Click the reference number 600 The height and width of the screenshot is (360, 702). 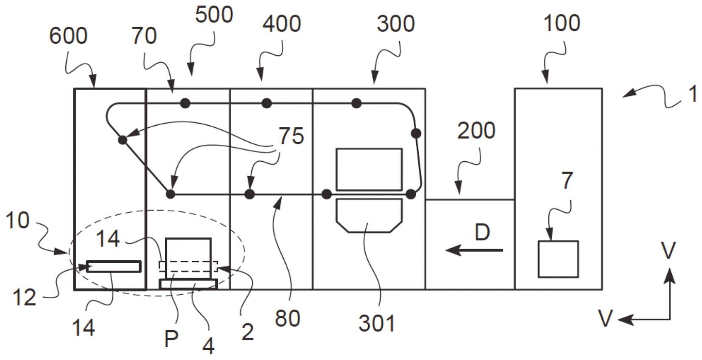pyautogui.click(x=68, y=36)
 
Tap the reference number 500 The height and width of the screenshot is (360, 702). pyautogui.click(x=214, y=15)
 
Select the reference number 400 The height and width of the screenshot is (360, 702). pyautogui.click(x=282, y=24)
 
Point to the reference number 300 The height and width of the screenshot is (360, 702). pyautogui.click(x=395, y=24)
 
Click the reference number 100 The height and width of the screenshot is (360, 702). pyautogui.click(x=561, y=23)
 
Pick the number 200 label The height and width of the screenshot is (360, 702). pyautogui.click(x=476, y=131)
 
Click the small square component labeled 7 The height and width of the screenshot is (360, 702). pyautogui.click(x=558, y=259)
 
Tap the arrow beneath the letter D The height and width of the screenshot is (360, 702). pyautogui.click(x=474, y=250)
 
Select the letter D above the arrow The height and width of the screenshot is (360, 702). pyautogui.click(x=482, y=233)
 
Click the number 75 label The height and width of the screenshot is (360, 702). pyautogui.click(x=291, y=136)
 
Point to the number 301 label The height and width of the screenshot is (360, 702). pyautogui.click(x=377, y=323)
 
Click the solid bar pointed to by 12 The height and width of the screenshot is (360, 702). pyautogui.click(x=113, y=267)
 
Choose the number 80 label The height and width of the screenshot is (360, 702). pyautogui.click(x=288, y=318)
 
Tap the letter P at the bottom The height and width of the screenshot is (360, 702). pyautogui.click(x=171, y=339)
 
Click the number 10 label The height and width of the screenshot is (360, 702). pyautogui.click(x=17, y=221)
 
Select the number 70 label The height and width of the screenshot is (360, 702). pyautogui.click(x=144, y=36)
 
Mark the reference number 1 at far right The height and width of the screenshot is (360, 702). pyautogui.click(x=693, y=94)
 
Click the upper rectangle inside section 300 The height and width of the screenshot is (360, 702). pyautogui.click(x=369, y=169)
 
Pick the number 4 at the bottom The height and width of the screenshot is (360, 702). pyautogui.click(x=208, y=346)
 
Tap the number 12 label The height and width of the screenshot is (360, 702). pyautogui.click(x=24, y=298)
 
